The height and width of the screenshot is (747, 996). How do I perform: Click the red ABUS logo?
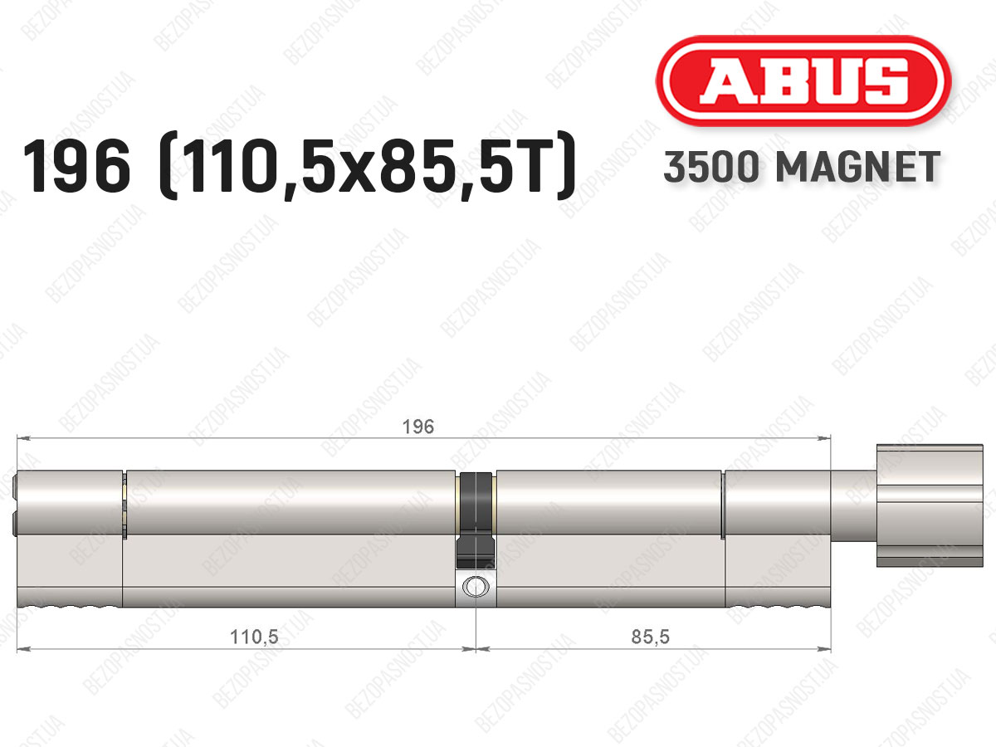[x=803, y=81]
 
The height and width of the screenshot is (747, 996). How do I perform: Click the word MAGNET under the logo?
[x=857, y=167]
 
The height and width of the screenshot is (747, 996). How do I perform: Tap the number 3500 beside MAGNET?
[x=711, y=167]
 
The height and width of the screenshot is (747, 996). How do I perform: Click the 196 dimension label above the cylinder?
[x=418, y=427]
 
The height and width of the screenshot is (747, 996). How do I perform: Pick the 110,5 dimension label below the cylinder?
[x=254, y=637]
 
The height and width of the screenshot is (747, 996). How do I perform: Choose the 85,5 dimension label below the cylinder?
[x=650, y=637]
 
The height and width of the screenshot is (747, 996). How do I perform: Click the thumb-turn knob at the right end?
[x=930, y=505]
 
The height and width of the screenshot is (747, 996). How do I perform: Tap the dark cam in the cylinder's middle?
[x=476, y=520]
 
